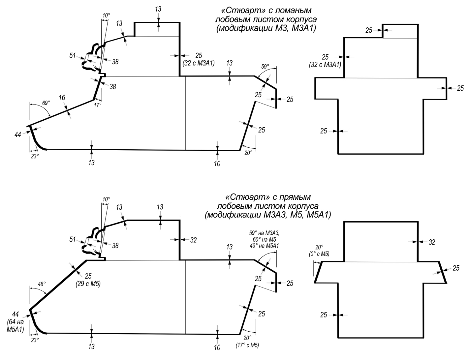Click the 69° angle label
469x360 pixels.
46,103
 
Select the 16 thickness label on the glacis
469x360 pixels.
62,98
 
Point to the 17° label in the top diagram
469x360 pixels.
98,105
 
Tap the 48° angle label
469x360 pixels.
42,284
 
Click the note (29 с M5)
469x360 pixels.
88,284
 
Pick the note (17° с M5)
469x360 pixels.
247,345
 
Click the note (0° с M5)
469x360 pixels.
319,254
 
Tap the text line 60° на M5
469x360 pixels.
264,239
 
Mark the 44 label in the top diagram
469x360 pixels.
18,135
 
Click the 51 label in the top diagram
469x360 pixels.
72,55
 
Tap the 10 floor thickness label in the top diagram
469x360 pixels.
217,164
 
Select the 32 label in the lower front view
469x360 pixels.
432,242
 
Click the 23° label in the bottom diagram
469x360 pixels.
35,340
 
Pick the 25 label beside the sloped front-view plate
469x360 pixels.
456,268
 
